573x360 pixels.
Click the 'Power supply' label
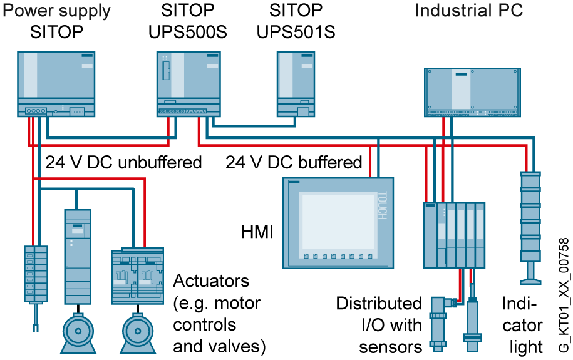pos(58,11)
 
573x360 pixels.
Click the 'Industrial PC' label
pos(468,11)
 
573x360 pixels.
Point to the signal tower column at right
pos(530,216)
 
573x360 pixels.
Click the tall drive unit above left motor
pos(78,257)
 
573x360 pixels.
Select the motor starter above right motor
pos(138,276)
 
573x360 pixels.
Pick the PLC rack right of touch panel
pos(454,235)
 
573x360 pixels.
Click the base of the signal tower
pos(530,275)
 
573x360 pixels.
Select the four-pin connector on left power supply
pos(36,111)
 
